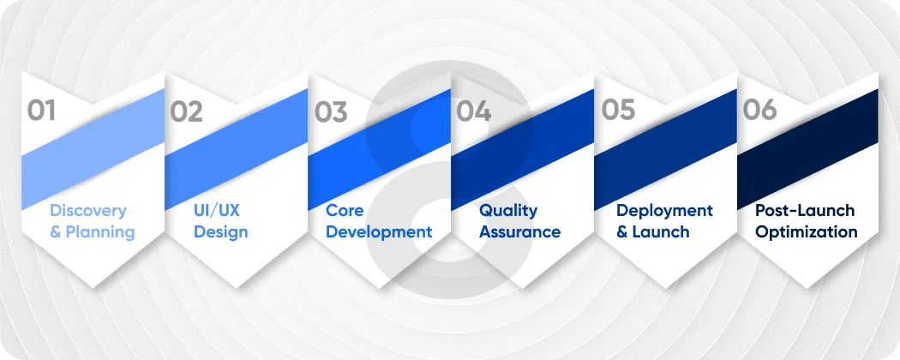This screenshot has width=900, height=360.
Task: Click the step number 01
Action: pyautogui.click(x=41, y=111)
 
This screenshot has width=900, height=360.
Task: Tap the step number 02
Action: pyautogui.click(x=186, y=111)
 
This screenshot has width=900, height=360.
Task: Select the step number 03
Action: pyautogui.click(x=330, y=111)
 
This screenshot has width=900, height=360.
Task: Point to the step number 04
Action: pyautogui.click(x=473, y=111)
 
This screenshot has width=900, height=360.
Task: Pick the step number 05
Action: pyautogui.click(x=616, y=111)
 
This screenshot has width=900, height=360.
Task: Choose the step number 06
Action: pyautogui.click(x=760, y=111)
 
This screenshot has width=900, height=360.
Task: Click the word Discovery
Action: pyautogui.click(x=87, y=211)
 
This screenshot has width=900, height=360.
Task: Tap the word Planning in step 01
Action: pyautogui.click(x=99, y=232)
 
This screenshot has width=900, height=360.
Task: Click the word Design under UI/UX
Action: pyautogui.click(x=221, y=232)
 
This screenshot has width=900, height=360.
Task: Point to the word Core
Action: pyautogui.click(x=345, y=211)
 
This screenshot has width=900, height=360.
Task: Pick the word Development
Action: pyautogui.click(x=379, y=232)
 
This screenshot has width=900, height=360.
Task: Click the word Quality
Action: pyautogui.click(x=508, y=211)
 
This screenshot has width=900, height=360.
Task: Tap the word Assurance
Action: pyautogui.click(x=519, y=232)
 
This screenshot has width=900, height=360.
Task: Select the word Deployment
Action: pyautogui.click(x=664, y=211)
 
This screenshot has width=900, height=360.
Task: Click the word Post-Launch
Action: pyautogui.click(x=805, y=211)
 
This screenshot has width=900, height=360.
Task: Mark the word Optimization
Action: pyautogui.click(x=806, y=232)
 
